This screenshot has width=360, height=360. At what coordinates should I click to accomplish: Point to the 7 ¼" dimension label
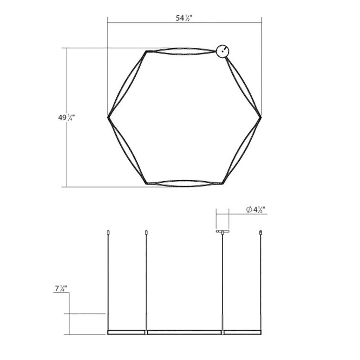[x=60, y=288]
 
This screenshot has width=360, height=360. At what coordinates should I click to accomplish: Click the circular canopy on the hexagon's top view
[x=223, y=51]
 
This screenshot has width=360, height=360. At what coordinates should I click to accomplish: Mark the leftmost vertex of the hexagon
[x=108, y=116]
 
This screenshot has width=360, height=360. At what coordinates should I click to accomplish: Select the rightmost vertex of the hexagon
[x=261, y=116]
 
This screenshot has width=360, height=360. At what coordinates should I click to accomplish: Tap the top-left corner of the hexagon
[x=146, y=51]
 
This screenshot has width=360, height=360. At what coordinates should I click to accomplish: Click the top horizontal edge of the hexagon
[x=184, y=51]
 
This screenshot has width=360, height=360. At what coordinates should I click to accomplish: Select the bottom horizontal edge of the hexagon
[x=184, y=183]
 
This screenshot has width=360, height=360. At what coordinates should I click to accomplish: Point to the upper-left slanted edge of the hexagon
[x=127, y=83]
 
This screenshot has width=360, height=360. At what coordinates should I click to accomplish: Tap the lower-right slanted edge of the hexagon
[x=243, y=150]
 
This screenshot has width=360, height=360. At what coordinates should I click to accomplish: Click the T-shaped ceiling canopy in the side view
[x=222, y=232]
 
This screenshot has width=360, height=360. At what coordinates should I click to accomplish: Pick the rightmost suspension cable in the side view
[x=261, y=281]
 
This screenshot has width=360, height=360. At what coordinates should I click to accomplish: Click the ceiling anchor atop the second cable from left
[x=146, y=233]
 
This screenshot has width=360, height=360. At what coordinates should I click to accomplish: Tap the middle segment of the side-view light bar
[x=185, y=331]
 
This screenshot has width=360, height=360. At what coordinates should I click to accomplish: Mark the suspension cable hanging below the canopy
[x=222, y=281]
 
